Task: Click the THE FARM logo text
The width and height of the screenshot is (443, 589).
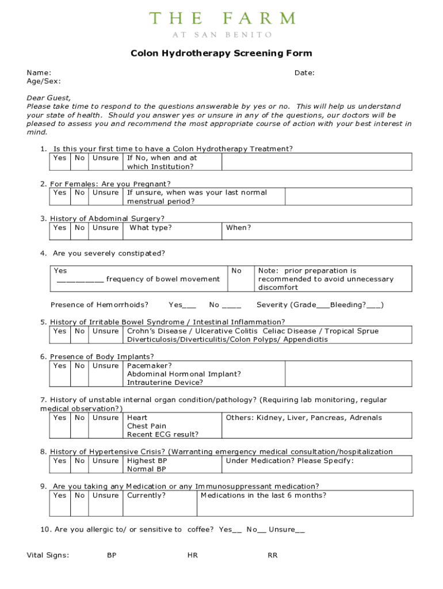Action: (x=221, y=18)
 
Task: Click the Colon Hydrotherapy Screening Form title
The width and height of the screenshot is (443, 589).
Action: (x=221, y=53)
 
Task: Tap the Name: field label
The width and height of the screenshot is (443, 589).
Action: (x=39, y=73)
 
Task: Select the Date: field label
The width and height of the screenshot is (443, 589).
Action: (x=304, y=73)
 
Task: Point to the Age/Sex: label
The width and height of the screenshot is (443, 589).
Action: (x=44, y=82)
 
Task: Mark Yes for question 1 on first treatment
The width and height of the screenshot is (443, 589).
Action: (x=60, y=158)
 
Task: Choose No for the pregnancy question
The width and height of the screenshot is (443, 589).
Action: (x=80, y=193)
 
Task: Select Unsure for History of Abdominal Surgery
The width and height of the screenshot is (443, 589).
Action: (x=105, y=228)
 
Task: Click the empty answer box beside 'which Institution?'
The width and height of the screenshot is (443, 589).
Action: (x=316, y=162)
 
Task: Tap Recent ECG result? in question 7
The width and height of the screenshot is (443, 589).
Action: (x=163, y=435)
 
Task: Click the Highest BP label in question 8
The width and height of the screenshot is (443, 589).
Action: (x=147, y=461)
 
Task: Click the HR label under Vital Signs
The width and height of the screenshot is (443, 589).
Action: (x=193, y=556)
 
